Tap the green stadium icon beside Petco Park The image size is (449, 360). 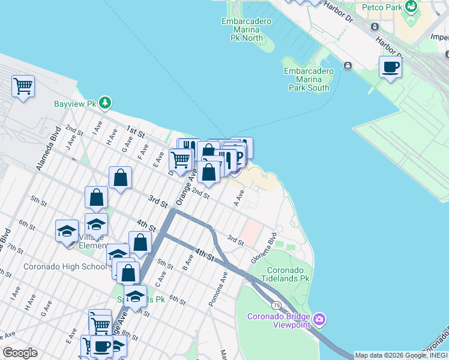(411, 7)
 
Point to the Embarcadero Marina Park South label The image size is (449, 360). (308, 79)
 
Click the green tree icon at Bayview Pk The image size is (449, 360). (106, 103)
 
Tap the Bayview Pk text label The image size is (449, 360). (75, 104)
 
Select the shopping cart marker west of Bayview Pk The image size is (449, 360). (23, 86)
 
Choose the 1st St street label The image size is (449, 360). (136, 133)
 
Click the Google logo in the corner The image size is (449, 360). (20, 353)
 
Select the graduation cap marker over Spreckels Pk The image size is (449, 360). (135, 295)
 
